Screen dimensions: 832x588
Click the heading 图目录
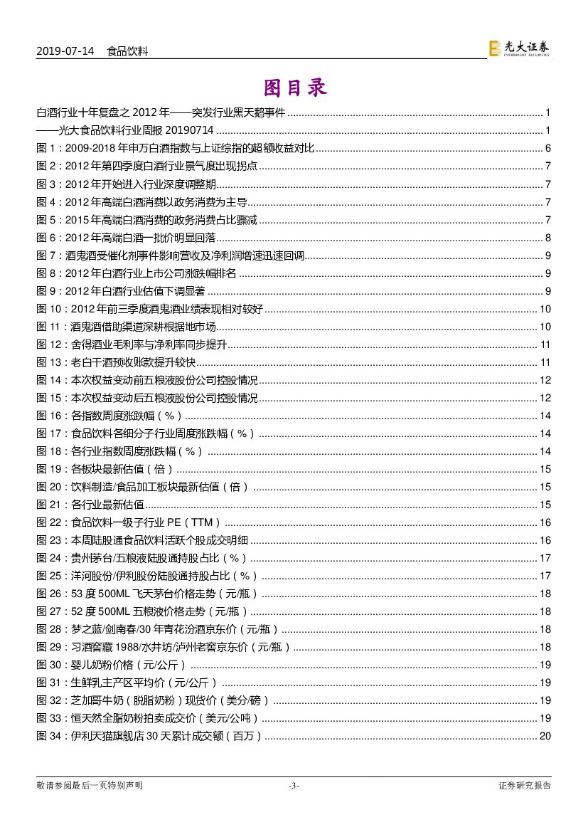click(x=294, y=88)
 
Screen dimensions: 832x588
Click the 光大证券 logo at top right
click(x=520, y=48)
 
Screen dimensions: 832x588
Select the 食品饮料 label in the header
click(x=127, y=51)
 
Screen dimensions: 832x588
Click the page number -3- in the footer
click(x=294, y=786)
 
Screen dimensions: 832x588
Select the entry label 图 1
click(x=47, y=149)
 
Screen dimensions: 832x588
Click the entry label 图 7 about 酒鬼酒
click(x=47, y=256)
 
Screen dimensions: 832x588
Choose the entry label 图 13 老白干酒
click(x=50, y=362)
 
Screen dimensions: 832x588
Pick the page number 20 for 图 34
click(x=545, y=736)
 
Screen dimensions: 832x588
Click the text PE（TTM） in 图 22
click(x=194, y=522)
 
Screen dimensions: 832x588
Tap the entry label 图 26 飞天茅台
click(x=50, y=594)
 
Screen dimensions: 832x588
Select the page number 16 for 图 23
click(x=545, y=540)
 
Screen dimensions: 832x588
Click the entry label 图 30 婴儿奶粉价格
click(x=50, y=665)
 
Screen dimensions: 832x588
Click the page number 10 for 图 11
click(x=545, y=327)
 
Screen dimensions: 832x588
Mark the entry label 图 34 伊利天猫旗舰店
click(x=50, y=736)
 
